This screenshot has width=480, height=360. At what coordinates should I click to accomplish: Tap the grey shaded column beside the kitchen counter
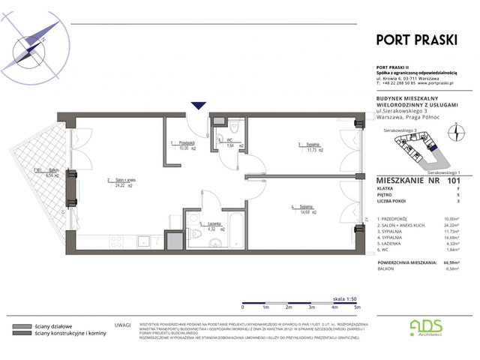pos(173,241)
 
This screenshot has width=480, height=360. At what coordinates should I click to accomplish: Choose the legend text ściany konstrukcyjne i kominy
pos(68,335)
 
